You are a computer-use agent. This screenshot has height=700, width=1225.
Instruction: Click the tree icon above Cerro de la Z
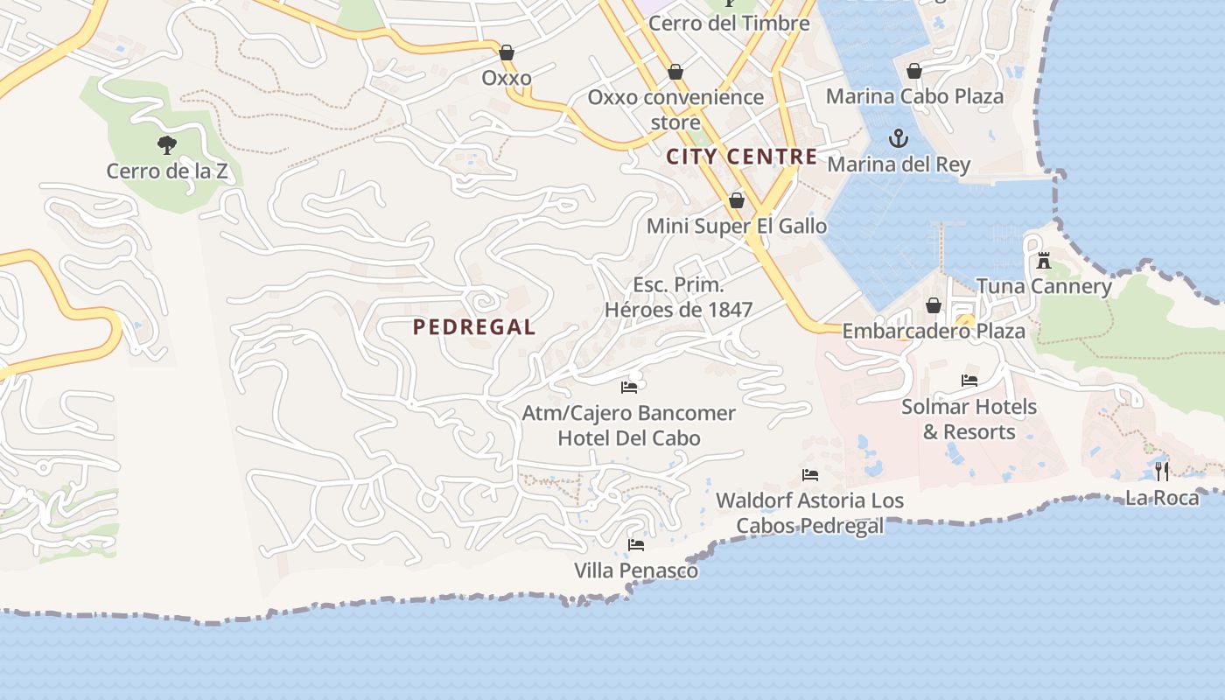tap(167, 145)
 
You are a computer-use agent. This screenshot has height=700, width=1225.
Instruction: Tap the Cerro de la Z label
tap(167, 171)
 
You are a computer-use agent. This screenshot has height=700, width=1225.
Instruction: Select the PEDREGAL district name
tap(473, 327)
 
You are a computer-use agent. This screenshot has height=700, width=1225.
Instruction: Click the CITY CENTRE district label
tap(742, 157)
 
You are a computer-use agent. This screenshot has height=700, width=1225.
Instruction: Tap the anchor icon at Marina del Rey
tap(898, 138)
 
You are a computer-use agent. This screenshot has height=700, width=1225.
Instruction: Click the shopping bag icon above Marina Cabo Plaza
tap(914, 71)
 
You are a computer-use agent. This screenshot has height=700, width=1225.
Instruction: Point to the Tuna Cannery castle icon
tap(1043, 260)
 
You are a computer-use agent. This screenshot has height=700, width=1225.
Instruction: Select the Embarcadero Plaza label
tap(934, 332)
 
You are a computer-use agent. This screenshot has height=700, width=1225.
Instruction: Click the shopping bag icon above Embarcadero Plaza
tap(934, 305)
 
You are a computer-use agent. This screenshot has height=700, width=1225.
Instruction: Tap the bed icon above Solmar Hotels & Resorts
tap(969, 381)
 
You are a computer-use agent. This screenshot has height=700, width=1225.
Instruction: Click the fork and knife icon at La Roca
tap(1162, 472)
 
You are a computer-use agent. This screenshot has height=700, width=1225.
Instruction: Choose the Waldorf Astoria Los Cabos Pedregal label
tap(809, 513)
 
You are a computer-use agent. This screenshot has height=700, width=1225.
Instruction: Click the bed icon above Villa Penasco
tap(636, 545)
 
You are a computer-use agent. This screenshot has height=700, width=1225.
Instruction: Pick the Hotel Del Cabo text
tap(629, 438)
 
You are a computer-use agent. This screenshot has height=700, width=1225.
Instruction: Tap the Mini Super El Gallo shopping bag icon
tap(737, 201)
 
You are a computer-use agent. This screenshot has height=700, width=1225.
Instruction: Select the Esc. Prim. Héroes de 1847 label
tap(679, 297)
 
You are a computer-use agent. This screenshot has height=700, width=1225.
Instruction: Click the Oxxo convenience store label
tap(675, 109)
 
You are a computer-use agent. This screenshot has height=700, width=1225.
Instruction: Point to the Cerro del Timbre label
tap(729, 24)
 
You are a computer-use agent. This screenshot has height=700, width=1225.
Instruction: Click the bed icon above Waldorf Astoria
tap(810, 475)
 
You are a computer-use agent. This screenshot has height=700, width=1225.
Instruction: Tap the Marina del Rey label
tap(899, 164)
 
